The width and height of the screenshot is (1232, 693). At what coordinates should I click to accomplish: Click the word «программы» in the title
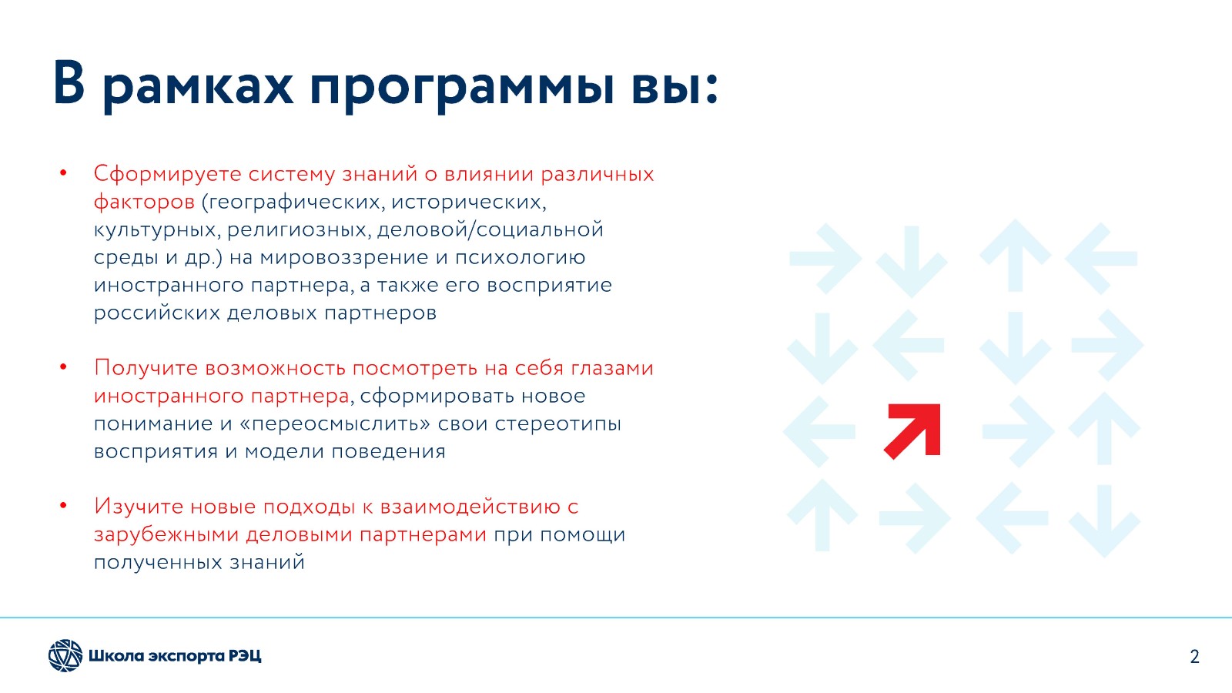(x=461, y=87)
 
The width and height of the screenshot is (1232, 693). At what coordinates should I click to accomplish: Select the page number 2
(x=1194, y=657)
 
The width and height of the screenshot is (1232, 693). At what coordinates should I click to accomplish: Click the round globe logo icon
(x=65, y=655)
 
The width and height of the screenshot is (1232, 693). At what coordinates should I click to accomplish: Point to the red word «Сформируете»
(x=168, y=174)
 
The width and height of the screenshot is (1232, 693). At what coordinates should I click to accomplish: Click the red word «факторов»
(x=144, y=203)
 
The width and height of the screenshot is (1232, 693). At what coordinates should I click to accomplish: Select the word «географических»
(x=294, y=203)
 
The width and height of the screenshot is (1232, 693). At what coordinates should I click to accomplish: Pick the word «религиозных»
(x=300, y=230)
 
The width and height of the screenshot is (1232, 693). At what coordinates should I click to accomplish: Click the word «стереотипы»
(x=557, y=424)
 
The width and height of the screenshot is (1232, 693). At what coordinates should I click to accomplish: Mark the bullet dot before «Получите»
(x=63, y=367)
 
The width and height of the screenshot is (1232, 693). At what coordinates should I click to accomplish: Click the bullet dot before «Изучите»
(x=63, y=505)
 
